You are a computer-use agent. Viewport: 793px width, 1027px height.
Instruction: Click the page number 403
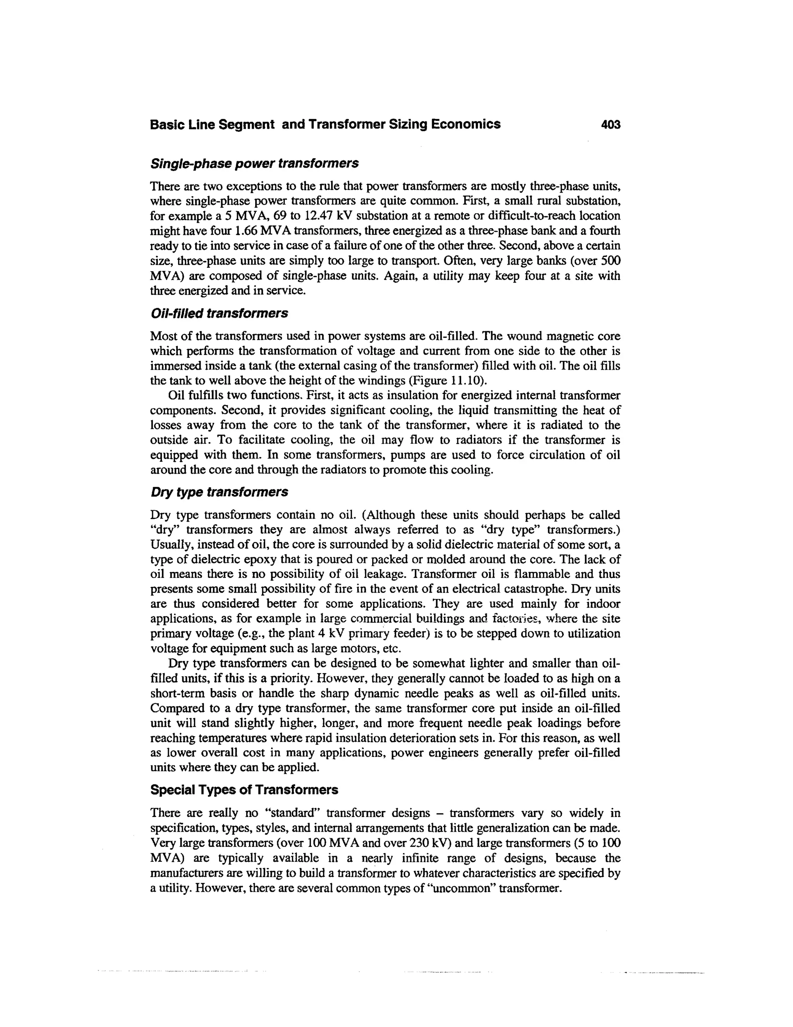coord(610,125)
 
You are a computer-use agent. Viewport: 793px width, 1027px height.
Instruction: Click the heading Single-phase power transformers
coord(254,163)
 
